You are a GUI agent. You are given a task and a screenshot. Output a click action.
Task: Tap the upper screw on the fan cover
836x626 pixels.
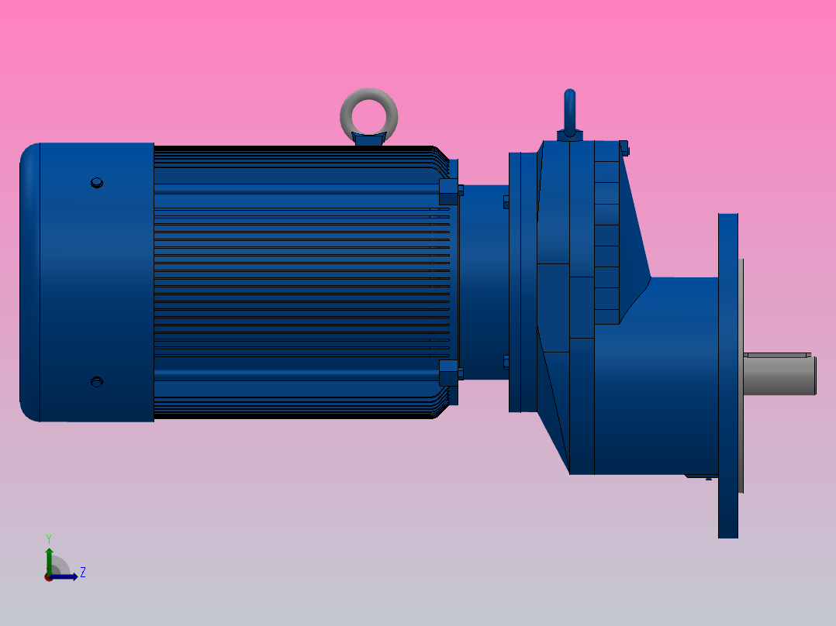(96, 183)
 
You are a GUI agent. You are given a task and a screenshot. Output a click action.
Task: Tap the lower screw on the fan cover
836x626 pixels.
(96, 382)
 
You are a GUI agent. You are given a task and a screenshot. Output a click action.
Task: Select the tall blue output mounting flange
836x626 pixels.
(727, 376)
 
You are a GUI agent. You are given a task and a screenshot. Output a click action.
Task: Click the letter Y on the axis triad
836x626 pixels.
(48, 538)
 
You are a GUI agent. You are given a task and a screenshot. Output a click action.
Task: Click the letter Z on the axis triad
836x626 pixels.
(82, 573)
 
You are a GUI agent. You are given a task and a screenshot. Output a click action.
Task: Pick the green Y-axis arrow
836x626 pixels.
(48, 559)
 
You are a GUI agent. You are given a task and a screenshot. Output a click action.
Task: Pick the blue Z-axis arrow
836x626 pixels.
(67, 576)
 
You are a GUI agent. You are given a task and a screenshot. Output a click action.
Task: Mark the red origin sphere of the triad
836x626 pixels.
(48, 577)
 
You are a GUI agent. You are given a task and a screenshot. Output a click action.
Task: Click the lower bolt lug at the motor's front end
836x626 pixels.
(448, 373)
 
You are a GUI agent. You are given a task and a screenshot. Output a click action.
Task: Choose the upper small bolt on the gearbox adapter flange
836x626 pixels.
(506, 202)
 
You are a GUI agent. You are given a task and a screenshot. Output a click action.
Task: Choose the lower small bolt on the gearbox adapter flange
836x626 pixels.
(506, 362)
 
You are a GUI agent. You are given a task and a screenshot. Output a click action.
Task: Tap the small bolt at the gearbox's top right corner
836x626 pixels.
(624, 149)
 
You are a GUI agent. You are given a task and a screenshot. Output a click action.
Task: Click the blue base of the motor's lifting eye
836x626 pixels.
(369, 139)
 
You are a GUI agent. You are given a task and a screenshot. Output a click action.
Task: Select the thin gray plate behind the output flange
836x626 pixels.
(741, 376)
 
